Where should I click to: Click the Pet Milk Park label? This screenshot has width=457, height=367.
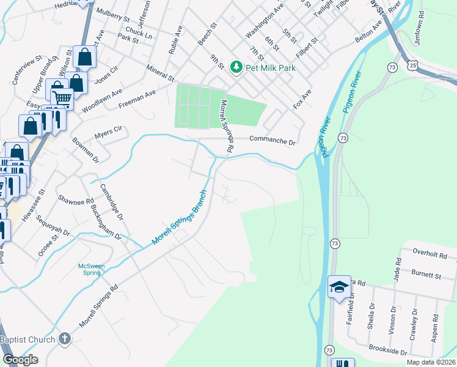[271, 68]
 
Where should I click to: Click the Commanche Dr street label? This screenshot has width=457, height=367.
[272, 141]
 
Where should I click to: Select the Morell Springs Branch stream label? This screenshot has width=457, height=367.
[180, 218]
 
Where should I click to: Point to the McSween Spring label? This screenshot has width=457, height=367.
[92, 269]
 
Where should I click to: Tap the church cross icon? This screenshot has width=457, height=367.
[65, 338]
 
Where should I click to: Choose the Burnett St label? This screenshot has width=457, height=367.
[426, 276]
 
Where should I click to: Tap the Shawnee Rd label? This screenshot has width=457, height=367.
[76, 200]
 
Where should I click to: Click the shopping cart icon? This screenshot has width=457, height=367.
[62, 98]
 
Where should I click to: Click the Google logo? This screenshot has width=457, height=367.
[20, 360]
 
